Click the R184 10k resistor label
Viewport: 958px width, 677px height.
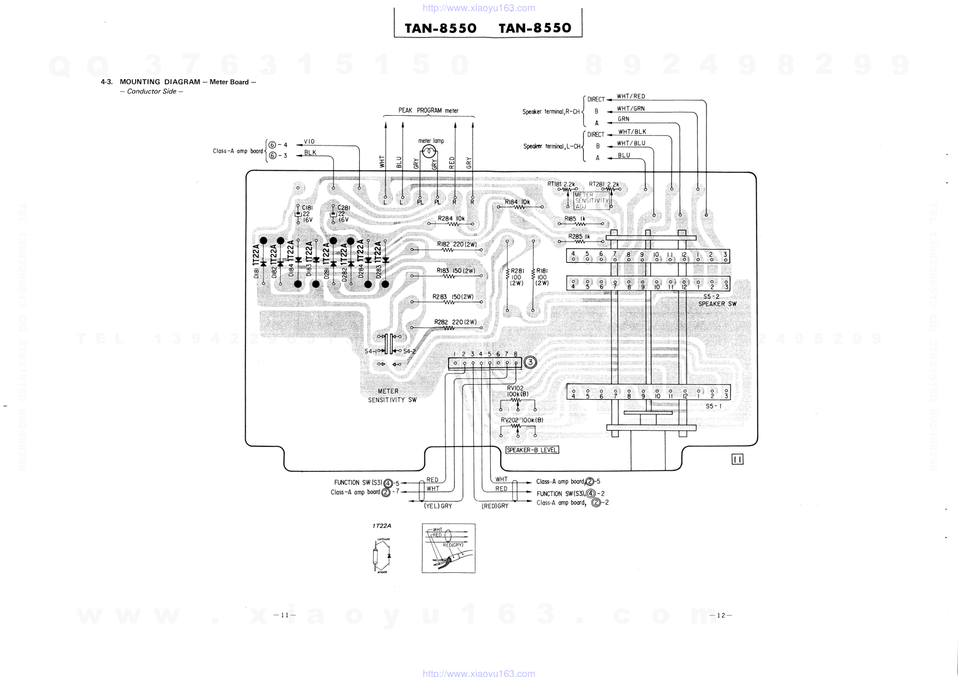click(x=517, y=202)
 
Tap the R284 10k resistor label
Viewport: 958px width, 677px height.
click(x=451, y=219)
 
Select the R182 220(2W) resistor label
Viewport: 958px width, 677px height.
click(x=457, y=244)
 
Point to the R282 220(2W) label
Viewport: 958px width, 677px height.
click(x=455, y=322)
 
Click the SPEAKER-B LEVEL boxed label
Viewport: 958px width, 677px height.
click(x=532, y=450)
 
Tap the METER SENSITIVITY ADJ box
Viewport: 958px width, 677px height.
click(x=592, y=201)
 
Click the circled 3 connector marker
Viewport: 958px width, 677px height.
click(x=530, y=362)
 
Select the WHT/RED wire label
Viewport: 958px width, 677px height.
click(x=631, y=97)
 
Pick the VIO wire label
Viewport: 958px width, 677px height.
click(x=309, y=141)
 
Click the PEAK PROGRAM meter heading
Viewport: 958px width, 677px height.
click(x=428, y=111)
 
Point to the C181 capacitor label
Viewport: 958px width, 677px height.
click(x=307, y=208)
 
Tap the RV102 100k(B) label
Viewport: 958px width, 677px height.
click(x=517, y=391)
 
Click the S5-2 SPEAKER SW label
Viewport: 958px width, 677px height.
click(x=717, y=300)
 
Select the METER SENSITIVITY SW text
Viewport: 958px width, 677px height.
click(x=391, y=395)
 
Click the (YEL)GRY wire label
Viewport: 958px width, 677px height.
click(x=438, y=506)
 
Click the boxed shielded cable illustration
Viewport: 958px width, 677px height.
click(x=448, y=548)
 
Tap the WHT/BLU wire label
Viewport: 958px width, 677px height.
click(x=631, y=143)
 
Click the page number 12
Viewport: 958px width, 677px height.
click(x=721, y=615)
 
